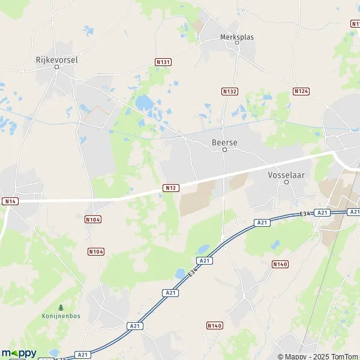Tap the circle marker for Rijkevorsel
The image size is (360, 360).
pyautogui.click(x=57, y=67)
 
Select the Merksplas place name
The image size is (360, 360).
pyautogui.click(x=236, y=37)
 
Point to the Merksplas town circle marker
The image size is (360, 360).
pyautogui.click(x=236, y=44)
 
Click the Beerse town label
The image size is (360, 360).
pyautogui.click(x=224, y=143)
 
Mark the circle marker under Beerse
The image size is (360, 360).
pyautogui.click(x=224, y=150)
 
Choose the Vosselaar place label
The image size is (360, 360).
pyautogui.click(x=286, y=175)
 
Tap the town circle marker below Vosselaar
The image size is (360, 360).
pyautogui.click(x=286, y=182)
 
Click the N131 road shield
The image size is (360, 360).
pyautogui.click(x=163, y=62)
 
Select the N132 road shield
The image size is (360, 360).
pyautogui.click(x=229, y=91)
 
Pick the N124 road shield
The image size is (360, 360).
pyautogui.click(x=301, y=91)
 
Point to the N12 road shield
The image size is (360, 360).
pyautogui.click(x=170, y=188)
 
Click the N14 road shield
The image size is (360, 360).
pyautogui.click(x=10, y=200)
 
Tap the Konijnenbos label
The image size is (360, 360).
pyautogui.click(x=59, y=315)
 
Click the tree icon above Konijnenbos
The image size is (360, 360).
pyautogui.click(x=59, y=307)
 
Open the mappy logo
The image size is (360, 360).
pyautogui.click(x=19, y=353)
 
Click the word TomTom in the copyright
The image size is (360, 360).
pyautogui.click(x=343, y=356)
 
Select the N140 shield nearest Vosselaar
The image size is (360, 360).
pyautogui.click(x=280, y=264)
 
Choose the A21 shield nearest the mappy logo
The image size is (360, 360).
pyautogui.click(x=84, y=355)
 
